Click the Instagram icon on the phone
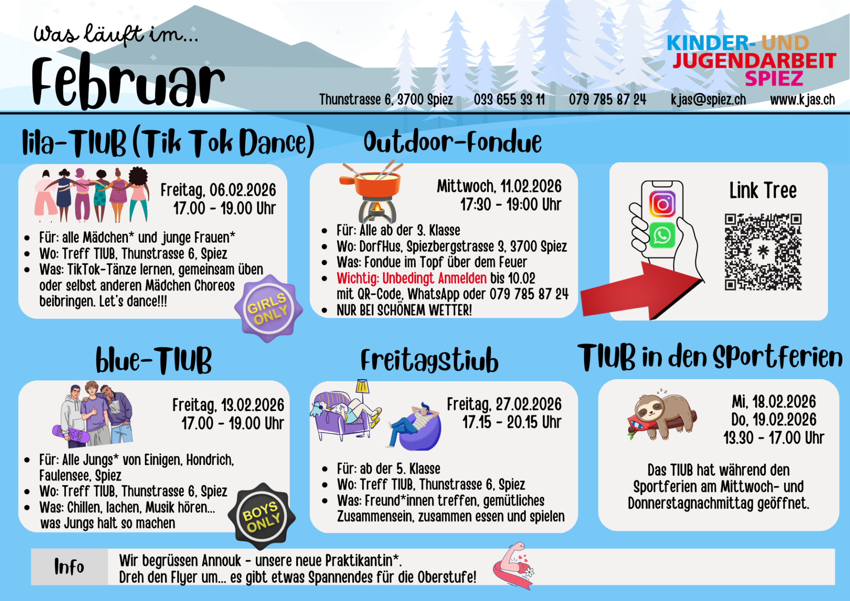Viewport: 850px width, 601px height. click(x=662, y=204)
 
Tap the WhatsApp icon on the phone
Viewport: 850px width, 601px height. click(x=662, y=235)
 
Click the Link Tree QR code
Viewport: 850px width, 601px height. click(x=763, y=252)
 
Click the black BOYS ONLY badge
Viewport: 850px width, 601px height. click(x=262, y=516)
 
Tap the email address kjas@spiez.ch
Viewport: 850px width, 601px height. click(x=708, y=100)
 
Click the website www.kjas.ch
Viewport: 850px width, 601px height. click(x=802, y=100)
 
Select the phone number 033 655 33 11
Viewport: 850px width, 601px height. click(x=509, y=100)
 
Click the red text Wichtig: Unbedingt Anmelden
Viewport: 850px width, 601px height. click(x=411, y=278)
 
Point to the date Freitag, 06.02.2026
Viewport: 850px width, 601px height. click(x=218, y=190)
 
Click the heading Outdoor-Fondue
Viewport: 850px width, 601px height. click(x=452, y=142)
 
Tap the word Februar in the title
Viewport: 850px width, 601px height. click(x=128, y=82)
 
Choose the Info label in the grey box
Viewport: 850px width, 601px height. click(x=69, y=566)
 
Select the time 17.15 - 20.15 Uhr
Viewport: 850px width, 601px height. click(x=512, y=422)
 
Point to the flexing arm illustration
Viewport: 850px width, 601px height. click(x=514, y=566)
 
